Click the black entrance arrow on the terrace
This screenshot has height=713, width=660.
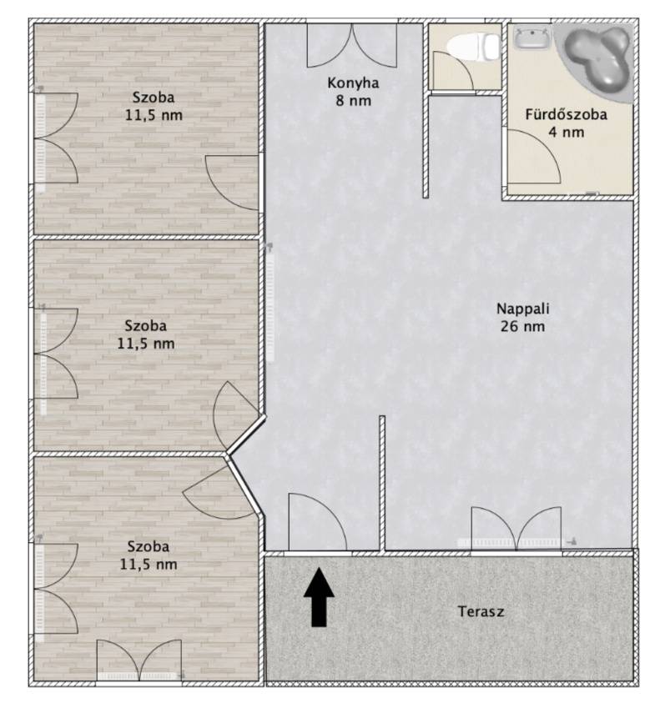point(319,596)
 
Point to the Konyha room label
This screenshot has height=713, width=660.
point(353,83)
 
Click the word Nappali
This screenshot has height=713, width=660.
point(522,309)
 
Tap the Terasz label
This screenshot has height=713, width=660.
point(481,611)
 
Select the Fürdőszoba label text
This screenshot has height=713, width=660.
point(566,113)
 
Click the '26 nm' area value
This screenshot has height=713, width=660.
point(522,326)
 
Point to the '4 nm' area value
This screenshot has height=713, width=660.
point(566,132)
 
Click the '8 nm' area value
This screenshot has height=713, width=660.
point(354,100)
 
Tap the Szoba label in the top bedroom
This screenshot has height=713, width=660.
point(154,97)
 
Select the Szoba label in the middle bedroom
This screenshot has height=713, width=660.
point(145,325)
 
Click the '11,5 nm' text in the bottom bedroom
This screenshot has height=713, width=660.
point(149,565)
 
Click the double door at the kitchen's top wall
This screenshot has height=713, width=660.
point(352,46)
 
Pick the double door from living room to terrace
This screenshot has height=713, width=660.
point(516,529)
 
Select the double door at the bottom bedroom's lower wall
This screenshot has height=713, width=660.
point(139,660)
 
